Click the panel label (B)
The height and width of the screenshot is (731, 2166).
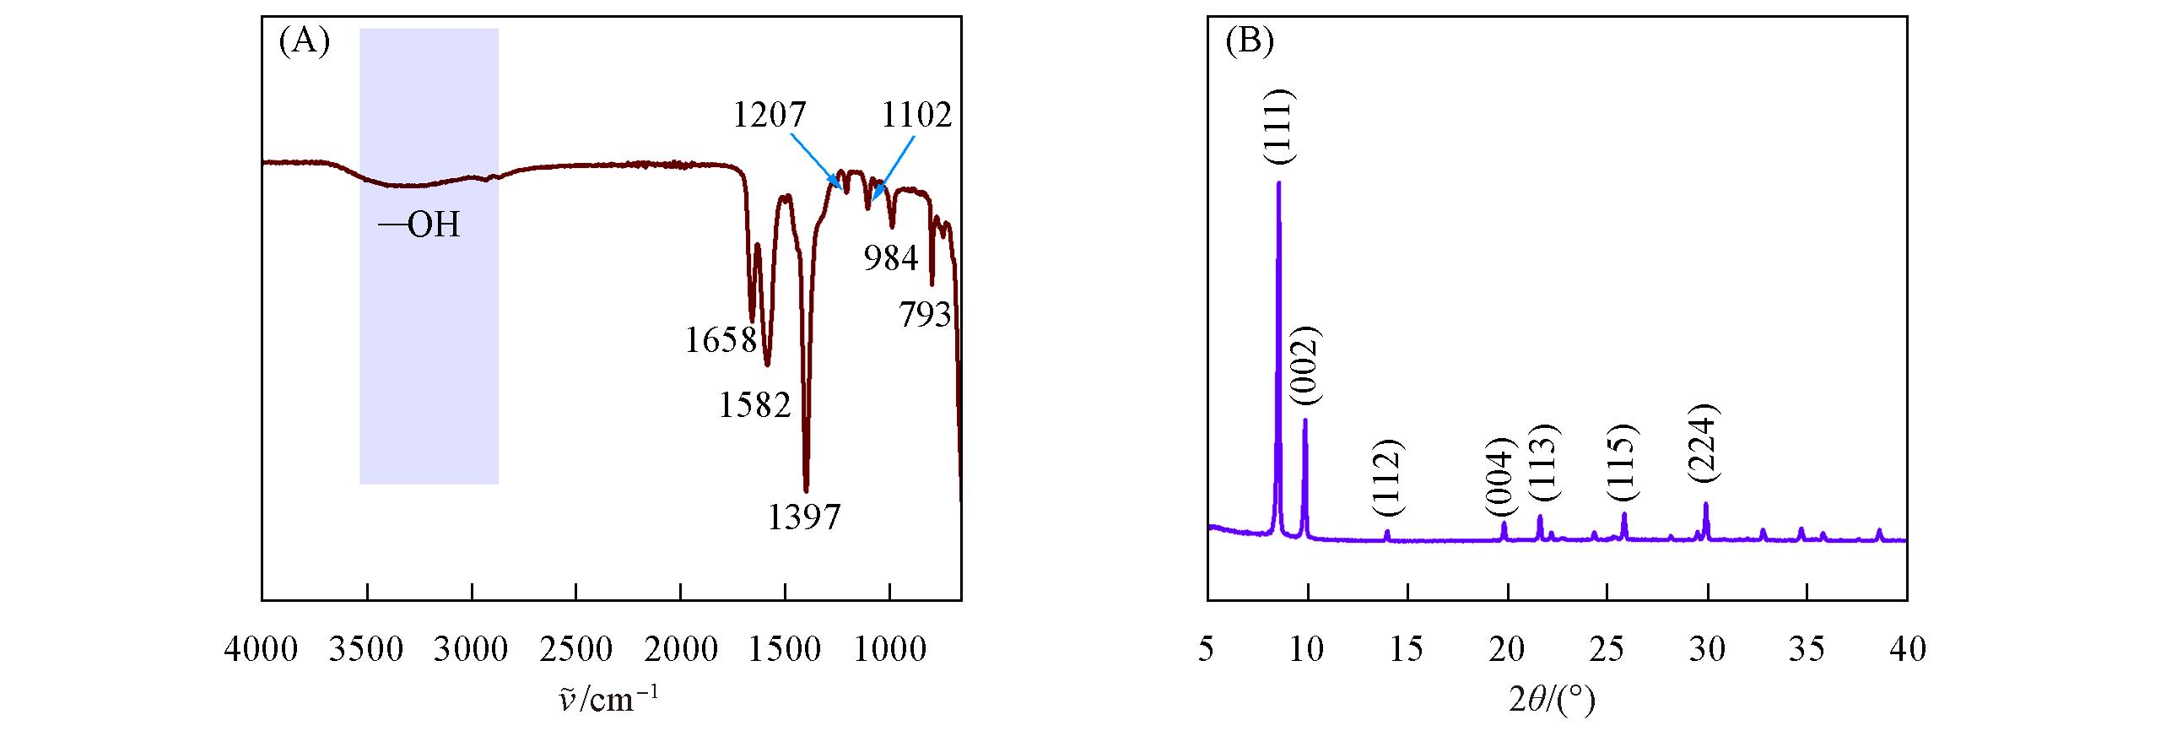coord(1248,41)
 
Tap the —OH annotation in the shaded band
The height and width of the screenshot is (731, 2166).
coord(419,225)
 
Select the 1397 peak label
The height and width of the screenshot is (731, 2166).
coord(803,517)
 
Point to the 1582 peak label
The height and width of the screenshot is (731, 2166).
coord(755,406)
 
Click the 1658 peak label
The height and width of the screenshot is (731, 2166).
coord(721,340)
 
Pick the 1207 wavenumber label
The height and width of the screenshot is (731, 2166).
coord(770,114)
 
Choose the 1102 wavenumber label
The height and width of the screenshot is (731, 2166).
coord(916,114)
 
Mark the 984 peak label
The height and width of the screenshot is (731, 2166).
coord(890,259)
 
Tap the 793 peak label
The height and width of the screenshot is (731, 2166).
coord(925,315)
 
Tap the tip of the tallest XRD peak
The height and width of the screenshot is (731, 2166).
coord(1278,182)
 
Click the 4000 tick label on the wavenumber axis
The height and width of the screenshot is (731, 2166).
coord(261,649)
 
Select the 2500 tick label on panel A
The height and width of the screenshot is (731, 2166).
coord(575,649)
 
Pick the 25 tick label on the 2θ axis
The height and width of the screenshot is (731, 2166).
coord(1607,649)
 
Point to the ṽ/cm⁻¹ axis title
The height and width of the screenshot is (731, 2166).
coord(611,700)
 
